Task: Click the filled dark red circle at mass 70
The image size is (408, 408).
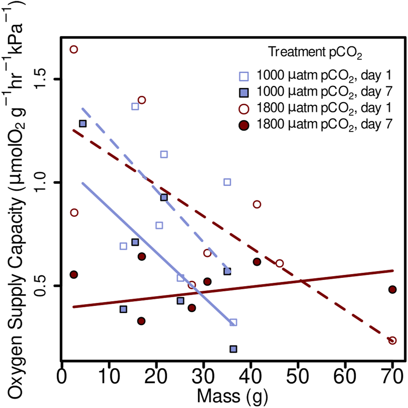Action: point(392,289)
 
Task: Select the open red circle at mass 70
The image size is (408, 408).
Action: point(392,340)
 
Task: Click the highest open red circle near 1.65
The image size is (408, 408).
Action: point(74,49)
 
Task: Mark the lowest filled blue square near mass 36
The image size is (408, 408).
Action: point(233,349)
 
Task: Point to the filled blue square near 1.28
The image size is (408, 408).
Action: point(83,124)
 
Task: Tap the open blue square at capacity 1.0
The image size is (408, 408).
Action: point(227,182)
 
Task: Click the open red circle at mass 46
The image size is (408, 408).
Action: point(279,263)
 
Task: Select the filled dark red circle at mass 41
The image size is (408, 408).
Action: point(257,262)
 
